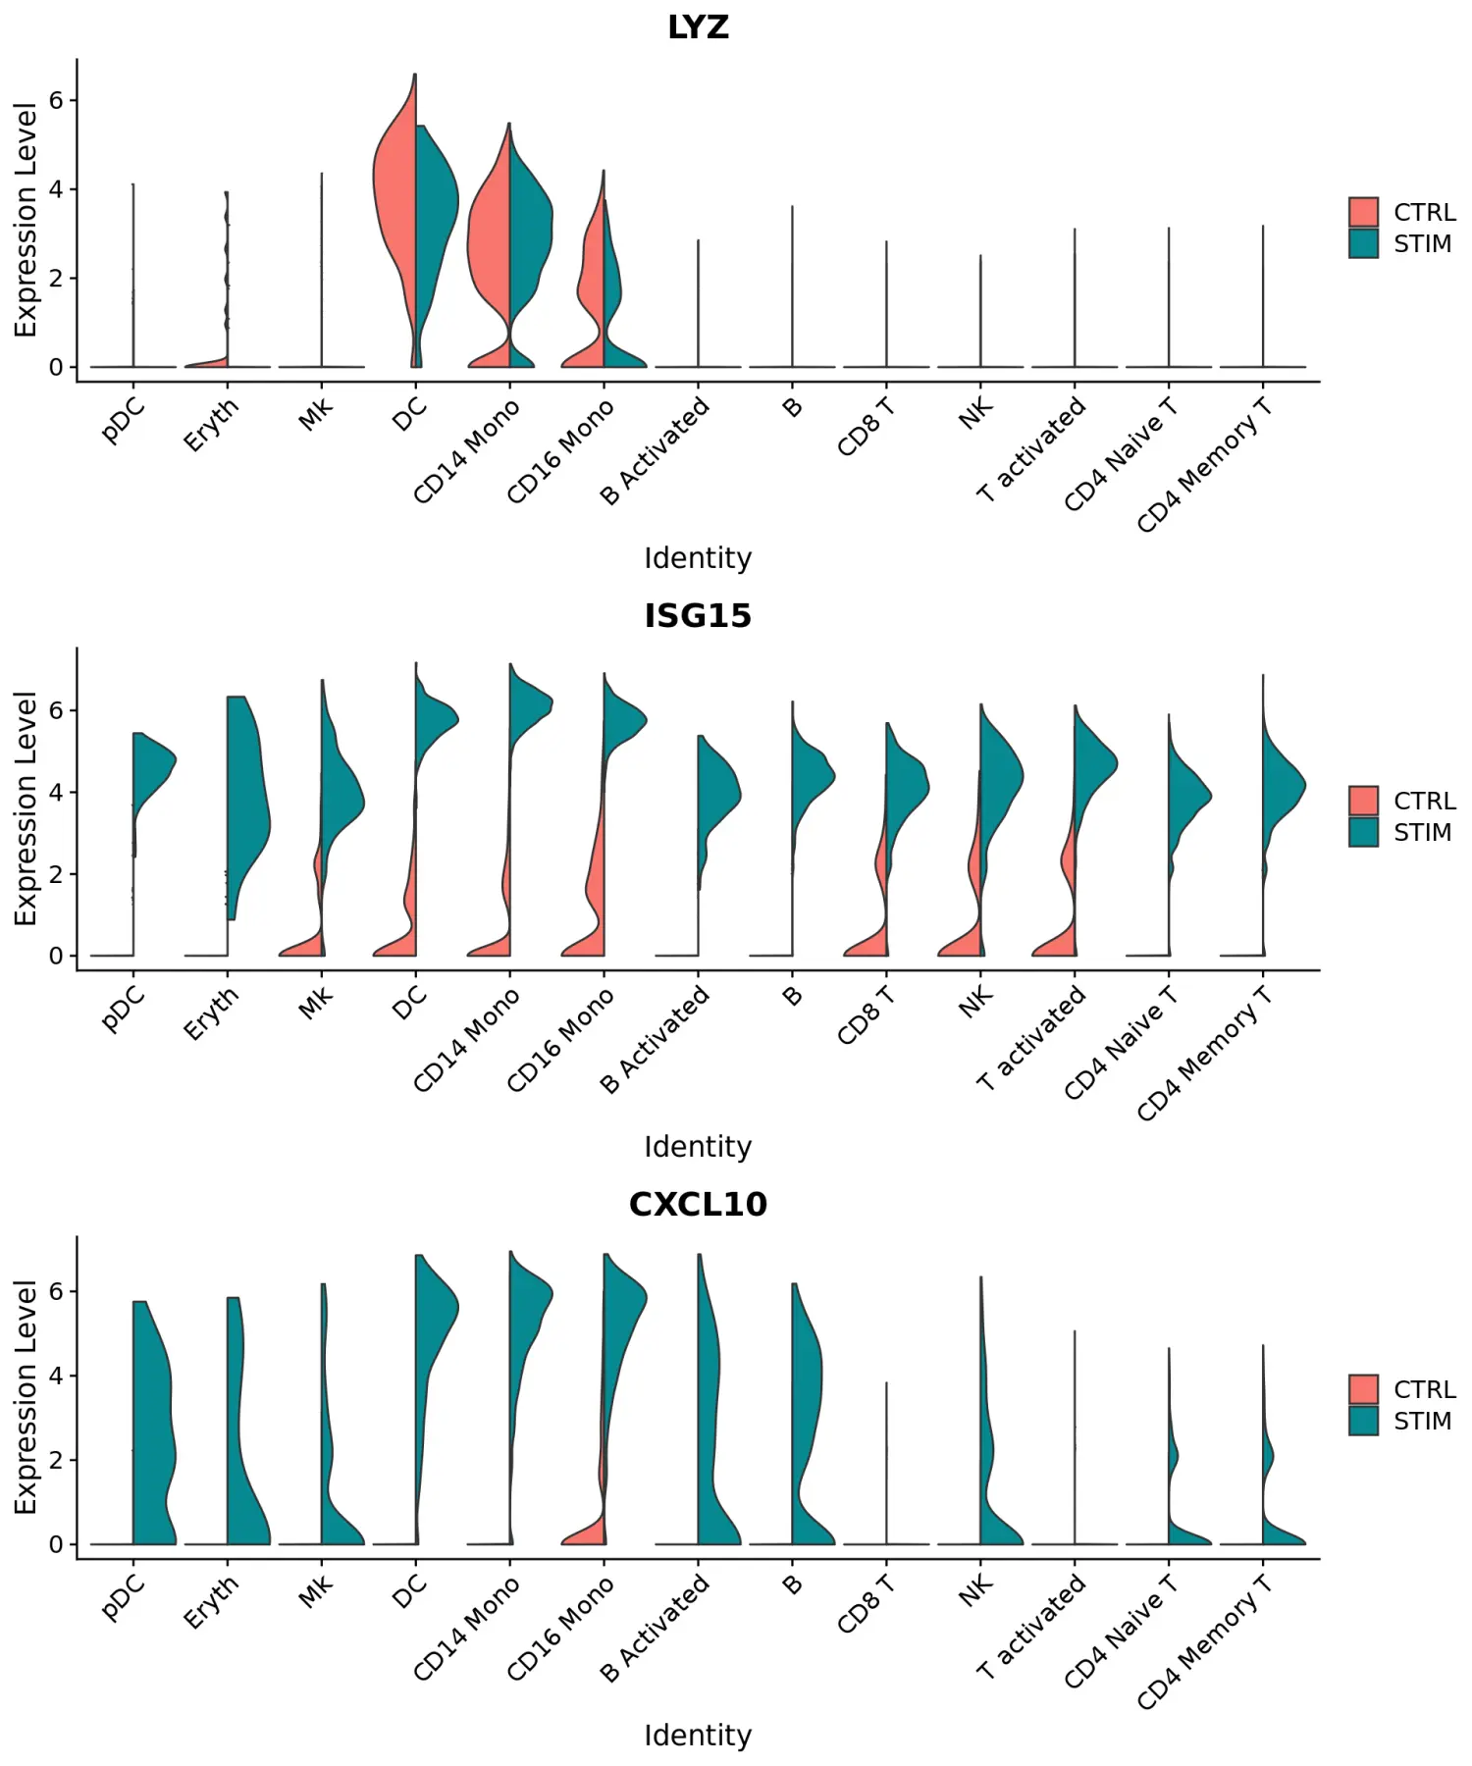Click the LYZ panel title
tap(698, 27)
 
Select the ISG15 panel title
tap(698, 616)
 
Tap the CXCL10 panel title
tap(698, 1205)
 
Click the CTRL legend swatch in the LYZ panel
tap(1363, 212)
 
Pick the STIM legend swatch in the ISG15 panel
tap(1363, 832)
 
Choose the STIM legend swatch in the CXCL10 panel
tap(1363, 1421)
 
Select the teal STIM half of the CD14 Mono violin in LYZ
tap(530, 226)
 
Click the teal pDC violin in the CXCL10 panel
tap(152, 1423)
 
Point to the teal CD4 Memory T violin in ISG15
tap(1281, 785)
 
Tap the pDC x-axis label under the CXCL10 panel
tap(124, 1599)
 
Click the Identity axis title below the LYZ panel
tap(698, 558)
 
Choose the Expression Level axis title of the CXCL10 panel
tap(26, 1397)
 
